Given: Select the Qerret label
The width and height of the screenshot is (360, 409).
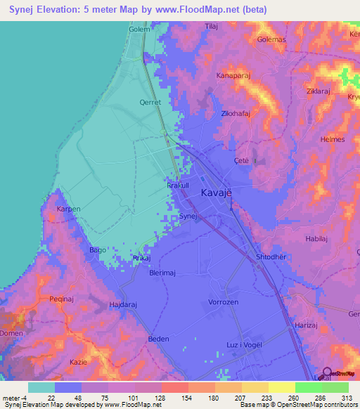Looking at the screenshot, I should tap(150, 102).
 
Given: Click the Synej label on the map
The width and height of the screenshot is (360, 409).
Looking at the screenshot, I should tap(186, 216).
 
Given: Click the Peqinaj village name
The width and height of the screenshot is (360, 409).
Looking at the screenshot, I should tap(42, 299).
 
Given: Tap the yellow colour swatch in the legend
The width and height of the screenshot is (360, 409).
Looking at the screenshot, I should tap(281, 387).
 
